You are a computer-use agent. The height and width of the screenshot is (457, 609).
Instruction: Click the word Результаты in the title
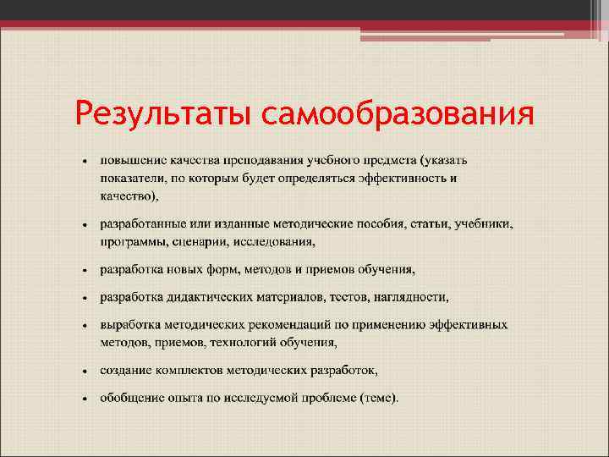pos(163,113)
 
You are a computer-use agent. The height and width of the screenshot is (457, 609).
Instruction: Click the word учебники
pos(484,224)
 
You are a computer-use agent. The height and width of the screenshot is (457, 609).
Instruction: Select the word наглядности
pos(411,297)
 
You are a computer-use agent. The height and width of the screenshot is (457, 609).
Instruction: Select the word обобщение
pos(130,397)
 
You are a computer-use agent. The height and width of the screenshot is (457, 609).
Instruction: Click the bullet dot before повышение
pos(85,161)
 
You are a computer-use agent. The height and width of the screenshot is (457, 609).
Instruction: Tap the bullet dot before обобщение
pos(85,398)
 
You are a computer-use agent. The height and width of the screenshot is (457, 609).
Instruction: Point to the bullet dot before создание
pos(85,371)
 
